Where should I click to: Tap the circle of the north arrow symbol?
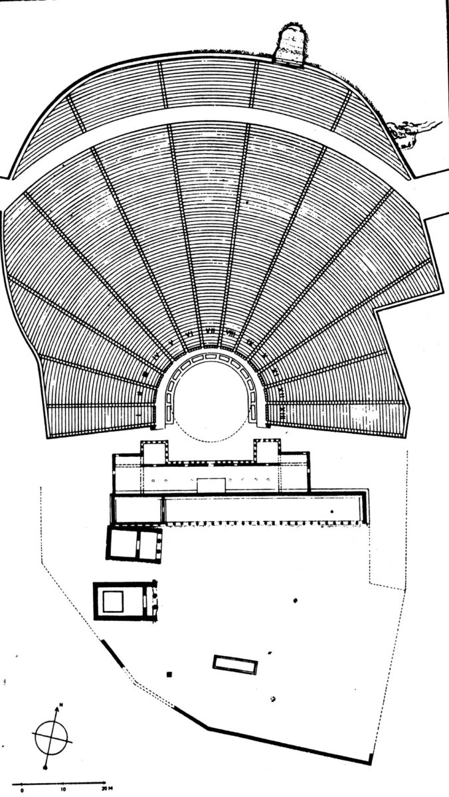tap(50, 737)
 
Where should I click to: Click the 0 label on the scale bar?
tap(23, 790)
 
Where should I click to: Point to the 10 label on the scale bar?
tap(63, 790)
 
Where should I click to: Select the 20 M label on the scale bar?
tap(106, 790)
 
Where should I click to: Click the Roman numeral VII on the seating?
tap(210, 330)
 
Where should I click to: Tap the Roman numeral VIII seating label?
tap(231, 331)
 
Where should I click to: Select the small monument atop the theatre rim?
tap(290, 43)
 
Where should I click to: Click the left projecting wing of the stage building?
tap(153, 452)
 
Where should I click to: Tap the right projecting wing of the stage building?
tap(268, 452)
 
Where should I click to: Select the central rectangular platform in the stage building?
tap(211, 484)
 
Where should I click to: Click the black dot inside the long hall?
tap(331, 512)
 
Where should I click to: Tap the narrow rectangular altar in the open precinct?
tap(235, 665)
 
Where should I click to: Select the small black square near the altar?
tap(170, 675)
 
